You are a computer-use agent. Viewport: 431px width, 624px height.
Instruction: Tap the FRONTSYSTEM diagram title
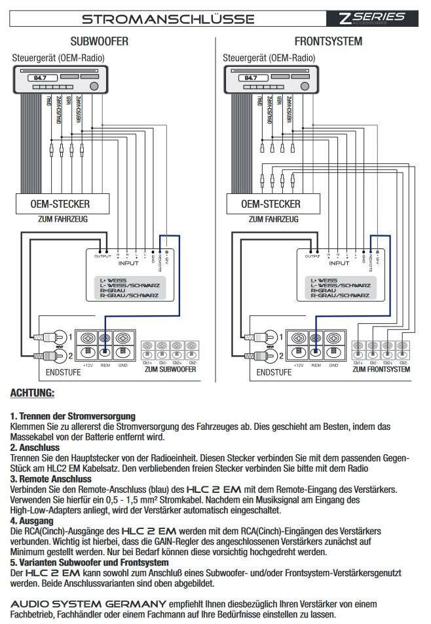tap(328, 41)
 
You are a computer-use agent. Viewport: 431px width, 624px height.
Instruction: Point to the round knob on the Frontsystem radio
tap(305, 86)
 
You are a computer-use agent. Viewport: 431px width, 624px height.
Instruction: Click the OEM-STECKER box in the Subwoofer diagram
tap(60, 204)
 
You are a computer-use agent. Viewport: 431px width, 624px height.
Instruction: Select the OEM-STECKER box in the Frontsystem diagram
tap(271, 204)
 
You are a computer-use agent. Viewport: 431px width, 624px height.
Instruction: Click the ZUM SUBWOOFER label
tap(170, 370)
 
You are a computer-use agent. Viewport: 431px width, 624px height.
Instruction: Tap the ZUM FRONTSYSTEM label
tap(381, 370)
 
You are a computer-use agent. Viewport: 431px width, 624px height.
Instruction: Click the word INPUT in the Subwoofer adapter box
tap(128, 263)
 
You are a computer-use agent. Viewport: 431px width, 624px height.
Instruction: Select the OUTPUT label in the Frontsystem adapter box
tap(312, 256)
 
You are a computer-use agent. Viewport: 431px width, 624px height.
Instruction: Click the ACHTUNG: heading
tap(32, 393)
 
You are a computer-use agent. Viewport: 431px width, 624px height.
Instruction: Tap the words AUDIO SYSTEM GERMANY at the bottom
tap(88, 603)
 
